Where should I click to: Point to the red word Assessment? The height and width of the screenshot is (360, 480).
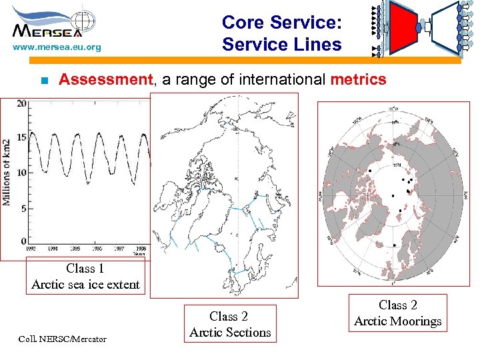[106, 80]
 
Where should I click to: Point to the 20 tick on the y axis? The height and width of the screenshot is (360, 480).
[21, 103]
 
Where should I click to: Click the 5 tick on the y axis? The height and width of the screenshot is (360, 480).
[23, 208]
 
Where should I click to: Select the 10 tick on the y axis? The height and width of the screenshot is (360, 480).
[21, 173]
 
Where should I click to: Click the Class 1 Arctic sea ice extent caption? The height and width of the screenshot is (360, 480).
[85, 277]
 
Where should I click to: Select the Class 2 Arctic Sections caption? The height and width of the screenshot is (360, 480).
[230, 324]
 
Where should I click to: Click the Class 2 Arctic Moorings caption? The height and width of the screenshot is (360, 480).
[397, 313]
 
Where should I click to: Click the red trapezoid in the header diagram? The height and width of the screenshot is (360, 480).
[401, 29]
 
